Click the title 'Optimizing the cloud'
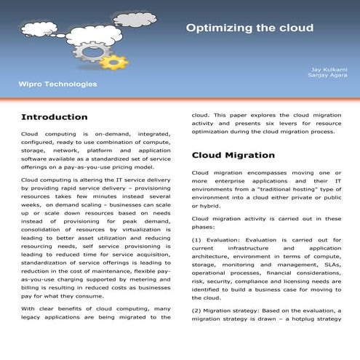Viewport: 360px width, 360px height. coord(249,28)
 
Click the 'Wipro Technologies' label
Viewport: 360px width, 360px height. coord(57,85)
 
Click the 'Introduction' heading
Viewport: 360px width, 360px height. coord(55,117)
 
